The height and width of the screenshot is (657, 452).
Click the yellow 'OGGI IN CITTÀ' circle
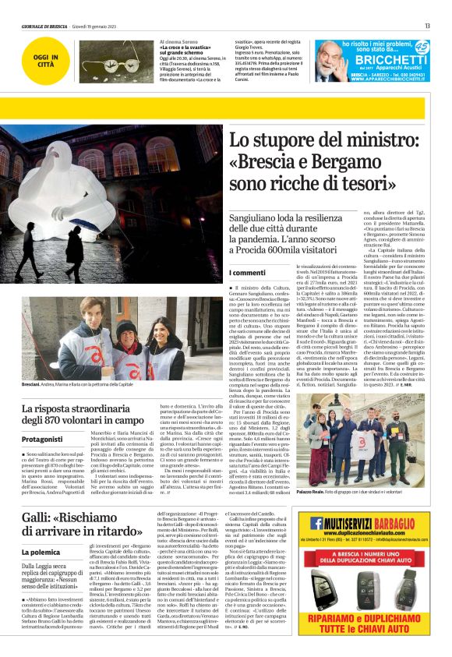pos(39,59)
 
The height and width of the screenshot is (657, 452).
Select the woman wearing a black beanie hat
pos(127,343)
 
